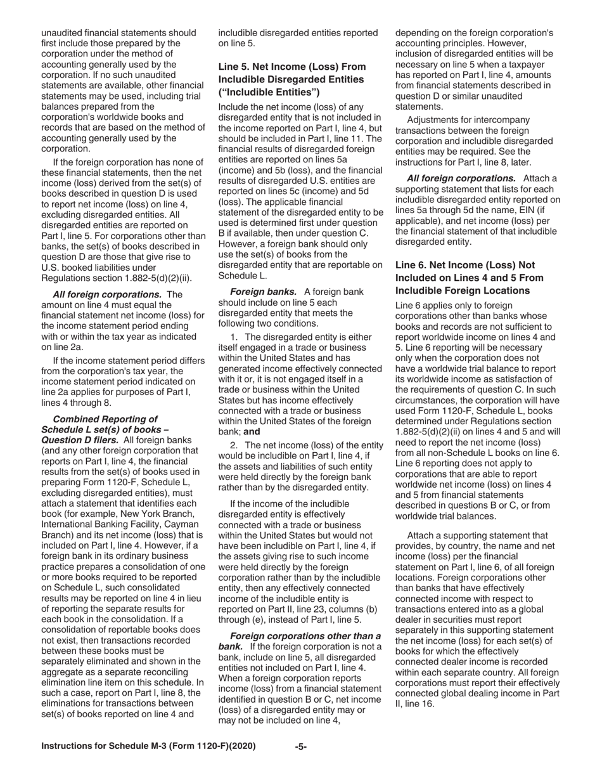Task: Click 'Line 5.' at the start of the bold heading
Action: click(x=233, y=67)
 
